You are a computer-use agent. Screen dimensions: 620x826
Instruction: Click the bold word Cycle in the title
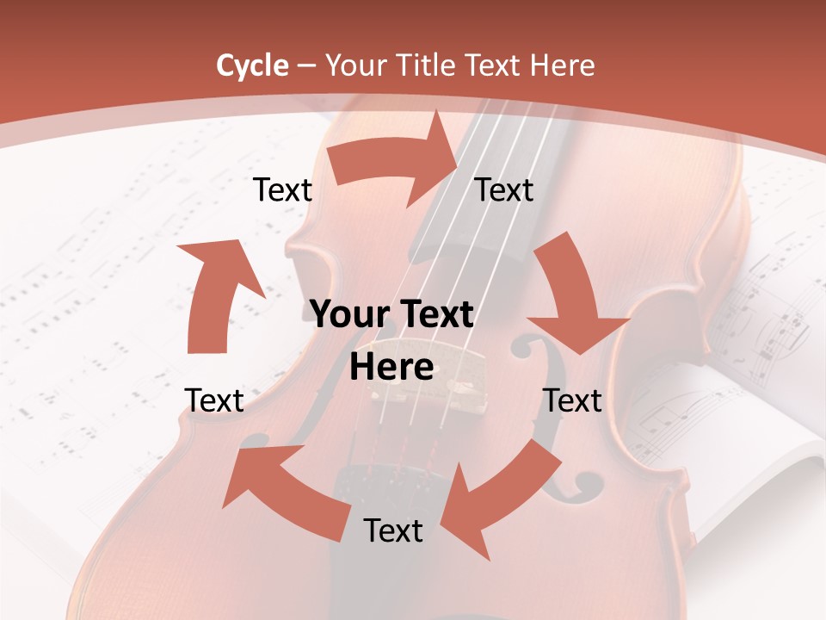[x=252, y=65]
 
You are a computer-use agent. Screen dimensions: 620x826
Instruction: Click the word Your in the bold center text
[x=348, y=314]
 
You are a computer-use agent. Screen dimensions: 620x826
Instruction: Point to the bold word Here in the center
[x=391, y=367]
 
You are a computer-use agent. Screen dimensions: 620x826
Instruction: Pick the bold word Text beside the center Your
[x=435, y=314]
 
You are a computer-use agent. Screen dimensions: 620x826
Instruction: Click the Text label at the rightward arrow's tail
[x=282, y=189]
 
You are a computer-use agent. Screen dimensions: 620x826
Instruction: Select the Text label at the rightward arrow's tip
[x=504, y=189]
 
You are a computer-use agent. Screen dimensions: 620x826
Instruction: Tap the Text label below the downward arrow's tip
[x=572, y=400]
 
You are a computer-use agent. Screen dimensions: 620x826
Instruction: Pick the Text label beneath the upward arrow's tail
[x=214, y=400]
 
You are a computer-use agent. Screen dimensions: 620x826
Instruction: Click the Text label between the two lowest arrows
[x=393, y=530]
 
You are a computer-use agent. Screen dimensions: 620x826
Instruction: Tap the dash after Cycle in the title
[x=306, y=65]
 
